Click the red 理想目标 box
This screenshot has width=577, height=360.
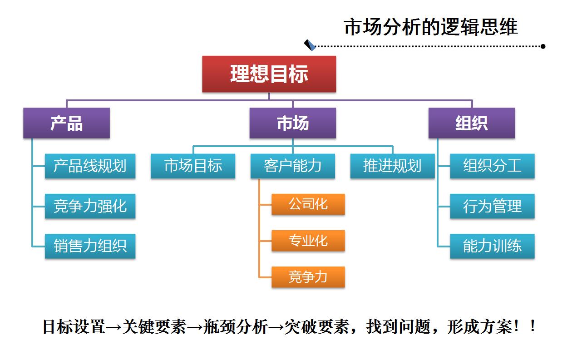(269, 74)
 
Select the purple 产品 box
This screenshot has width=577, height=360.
(66, 123)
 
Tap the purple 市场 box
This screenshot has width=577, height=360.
(293, 123)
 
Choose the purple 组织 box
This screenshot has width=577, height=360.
(472, 123)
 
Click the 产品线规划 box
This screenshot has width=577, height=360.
(90, 166)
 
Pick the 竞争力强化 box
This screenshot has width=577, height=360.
(90, 206)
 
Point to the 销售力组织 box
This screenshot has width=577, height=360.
(90, 246)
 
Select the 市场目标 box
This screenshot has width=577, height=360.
(193, 166)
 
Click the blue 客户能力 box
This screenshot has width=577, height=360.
(293, 166)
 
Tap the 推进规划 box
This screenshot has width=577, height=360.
(392, 166)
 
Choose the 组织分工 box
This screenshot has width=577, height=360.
(492, 166)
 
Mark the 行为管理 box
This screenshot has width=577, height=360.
(492, 206)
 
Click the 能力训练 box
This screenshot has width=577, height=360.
(492, 246)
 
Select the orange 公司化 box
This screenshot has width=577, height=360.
(308, 204)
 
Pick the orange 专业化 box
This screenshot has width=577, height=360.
(308, 241)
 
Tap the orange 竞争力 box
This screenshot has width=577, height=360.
(308, 277)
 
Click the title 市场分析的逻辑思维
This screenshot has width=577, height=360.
(431, 27)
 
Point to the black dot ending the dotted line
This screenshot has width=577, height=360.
(543, 46)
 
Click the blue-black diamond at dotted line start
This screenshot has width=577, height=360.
(310, 45)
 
